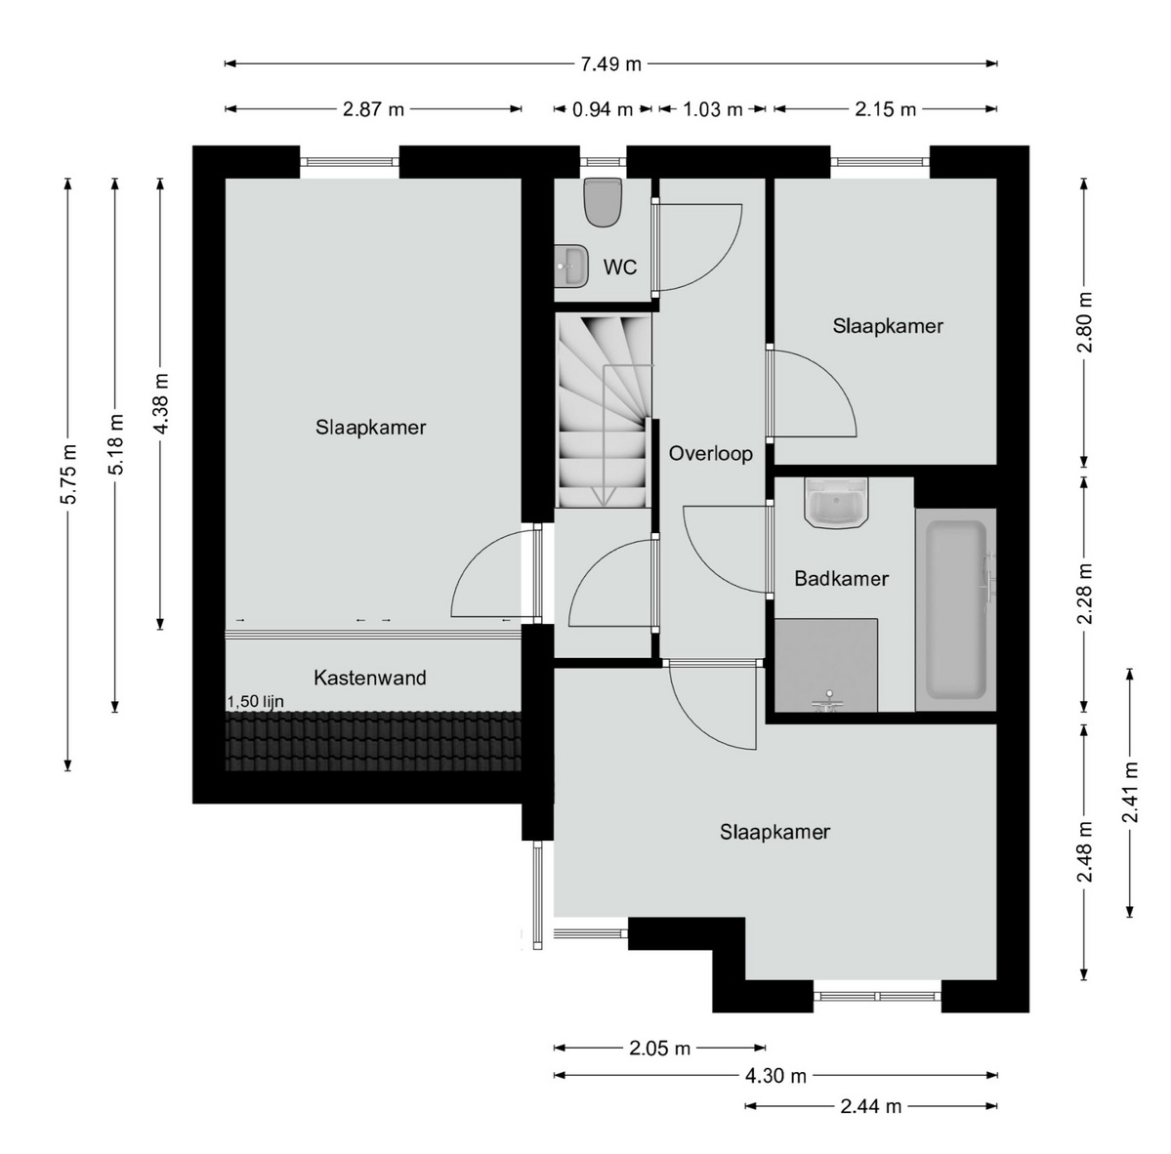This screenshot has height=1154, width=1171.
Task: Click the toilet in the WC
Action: tap(604, 201)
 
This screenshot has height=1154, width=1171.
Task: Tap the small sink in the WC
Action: tap(571, 265)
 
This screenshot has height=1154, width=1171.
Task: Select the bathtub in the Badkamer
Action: tap(956, 610)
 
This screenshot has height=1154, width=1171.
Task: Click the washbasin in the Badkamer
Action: tap(836, 503)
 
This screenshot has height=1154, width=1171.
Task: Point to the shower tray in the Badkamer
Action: tap(826, 664)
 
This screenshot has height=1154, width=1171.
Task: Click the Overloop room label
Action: tap(710, 453)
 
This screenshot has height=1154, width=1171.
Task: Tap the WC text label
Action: tap(620, 267)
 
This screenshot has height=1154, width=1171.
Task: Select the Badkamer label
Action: tap(842, 579)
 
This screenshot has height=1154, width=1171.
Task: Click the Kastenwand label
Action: tap(370, 678)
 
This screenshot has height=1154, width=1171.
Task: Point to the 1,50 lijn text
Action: tap(256, 702)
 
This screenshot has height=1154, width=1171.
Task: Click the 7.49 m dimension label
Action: tap(610, 64)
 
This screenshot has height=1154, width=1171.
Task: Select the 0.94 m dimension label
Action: tap(602, 109)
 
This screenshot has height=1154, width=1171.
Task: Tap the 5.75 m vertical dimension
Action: tap(68, 474)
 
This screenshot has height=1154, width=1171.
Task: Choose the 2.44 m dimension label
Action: tap(871, 1106)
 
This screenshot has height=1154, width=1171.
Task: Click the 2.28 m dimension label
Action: tap(1084, 594)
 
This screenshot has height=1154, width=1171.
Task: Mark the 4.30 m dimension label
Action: tap(775, 1076)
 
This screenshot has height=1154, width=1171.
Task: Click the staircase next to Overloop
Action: tap(604, 410)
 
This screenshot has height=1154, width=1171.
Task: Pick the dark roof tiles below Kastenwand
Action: tap(373, 741)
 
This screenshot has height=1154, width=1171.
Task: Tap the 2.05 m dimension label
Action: tap(659, 1049)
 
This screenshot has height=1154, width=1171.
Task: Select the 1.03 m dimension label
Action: tap(712, 109)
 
